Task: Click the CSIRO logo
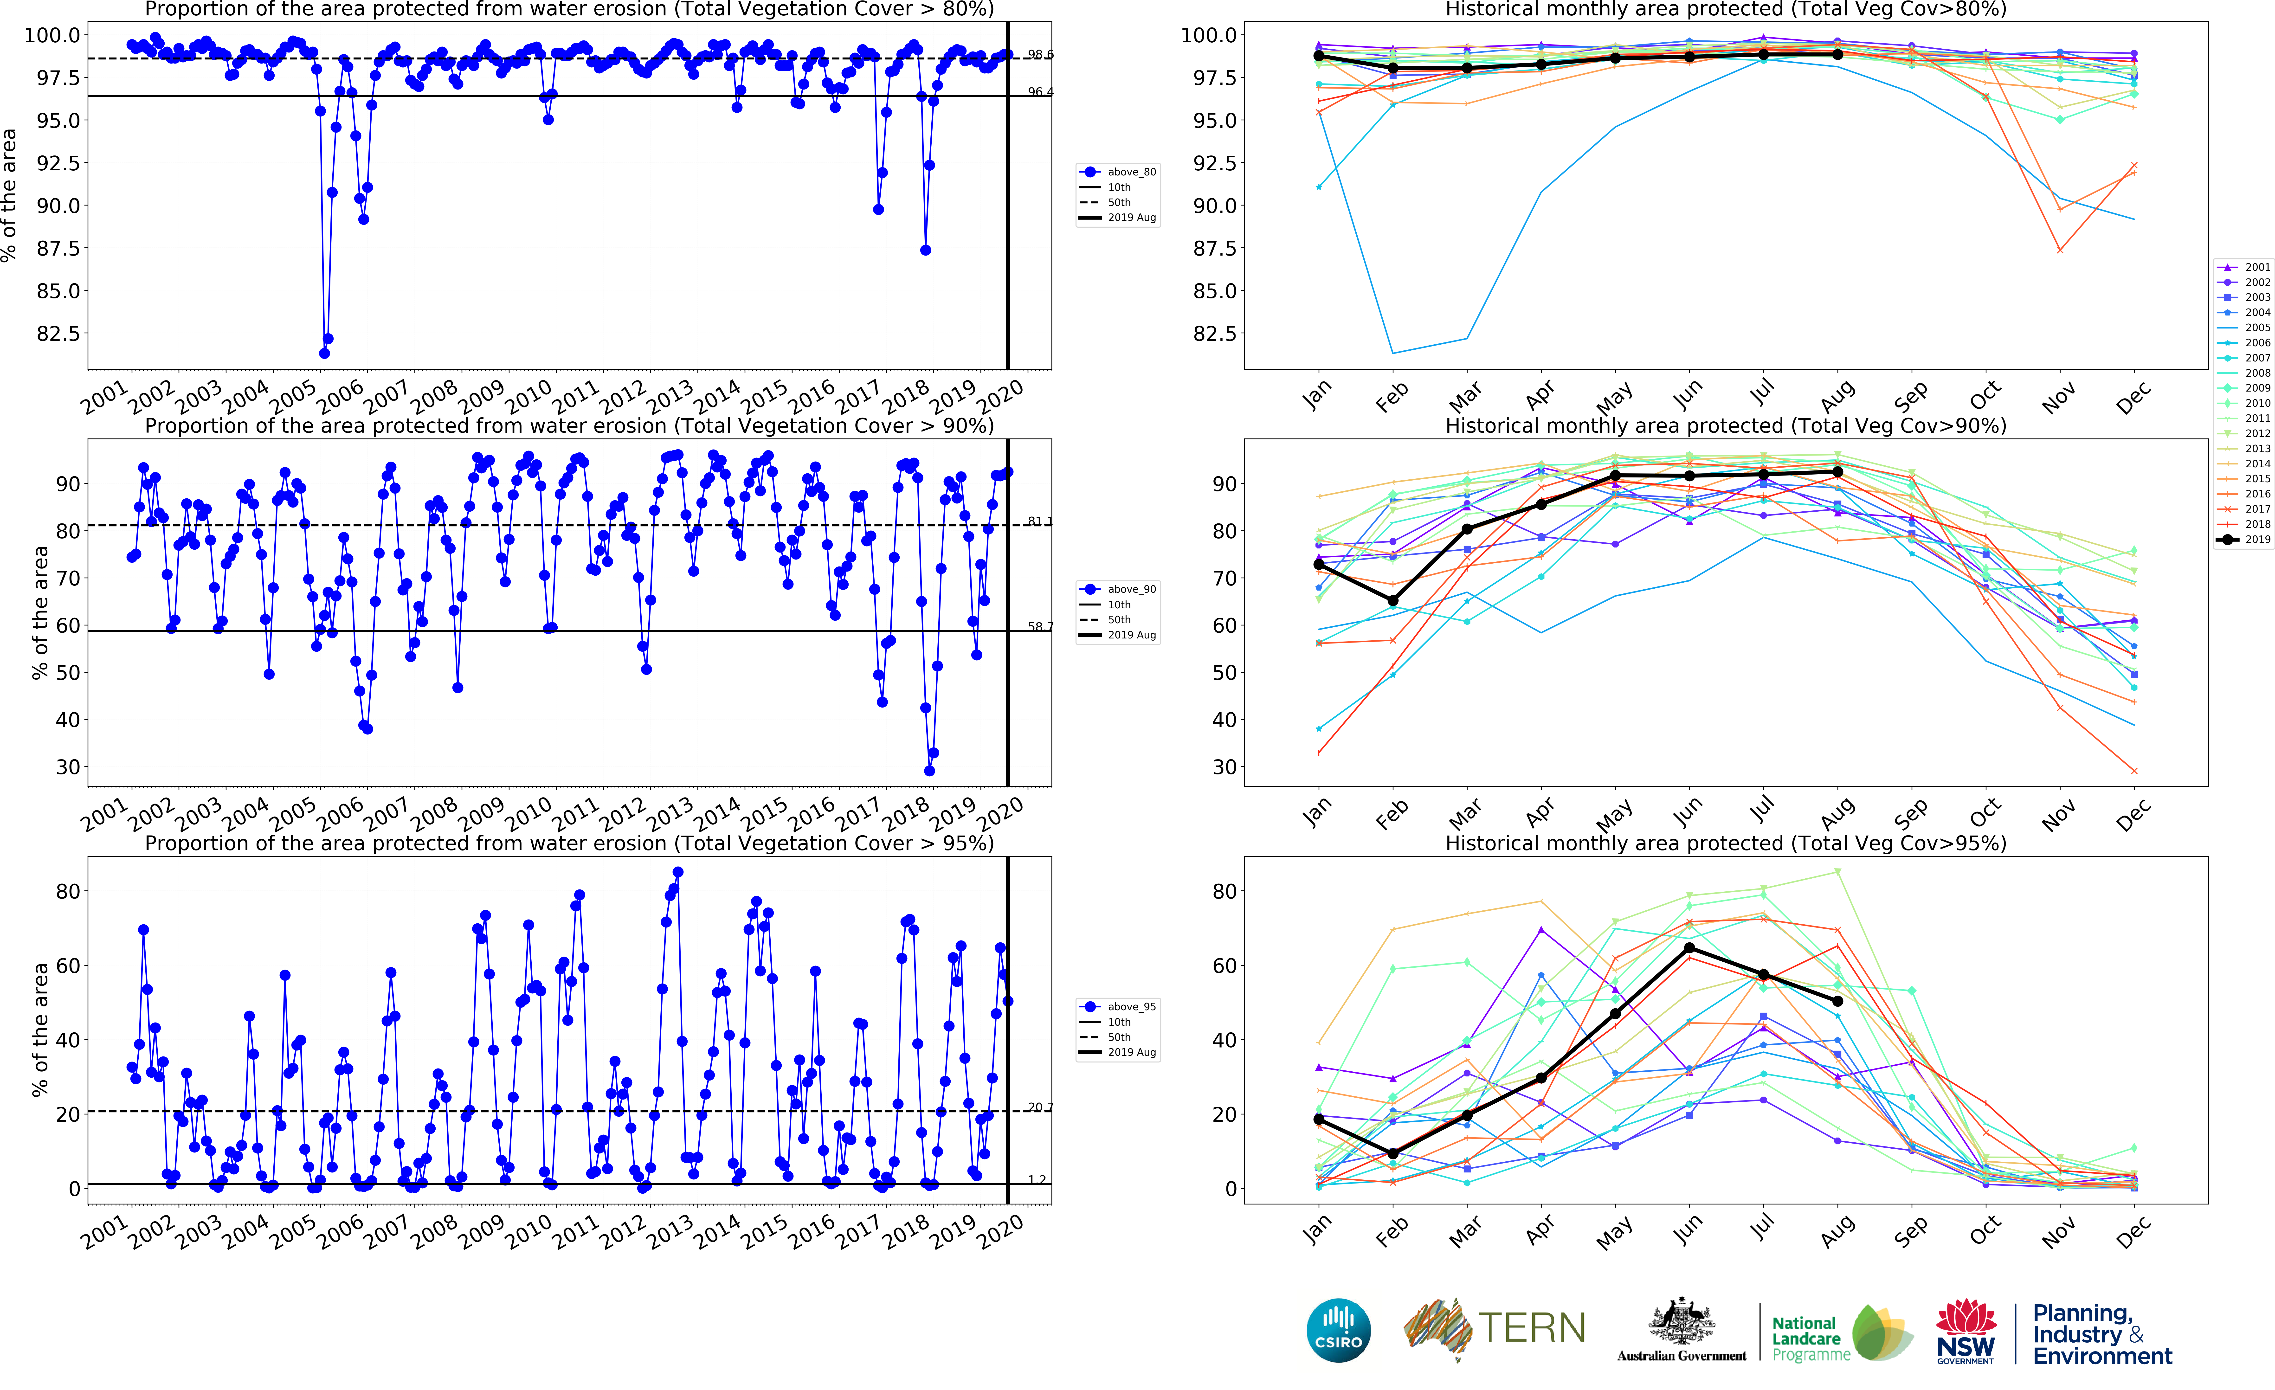click(1338, 1330)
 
